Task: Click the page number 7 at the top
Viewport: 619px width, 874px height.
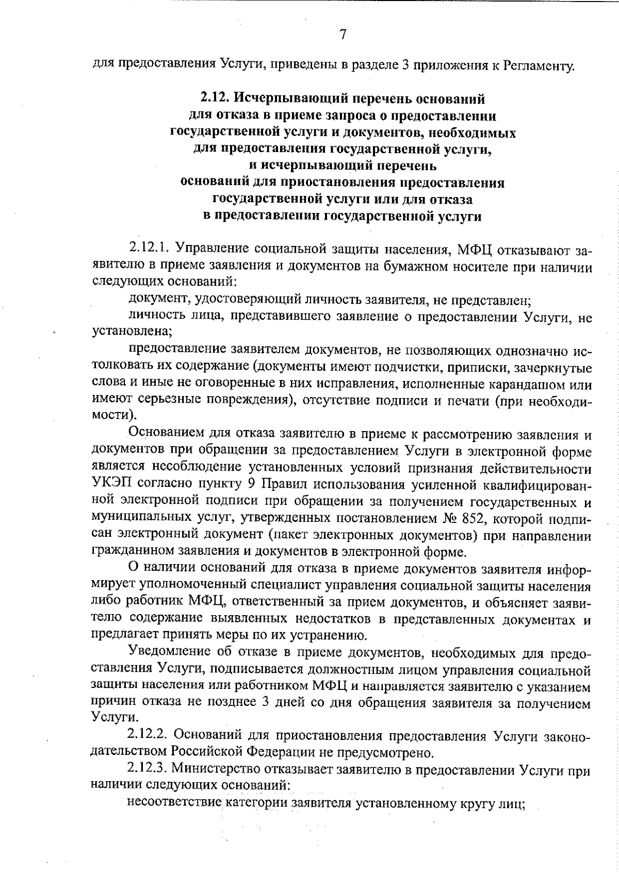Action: point(343,35)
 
